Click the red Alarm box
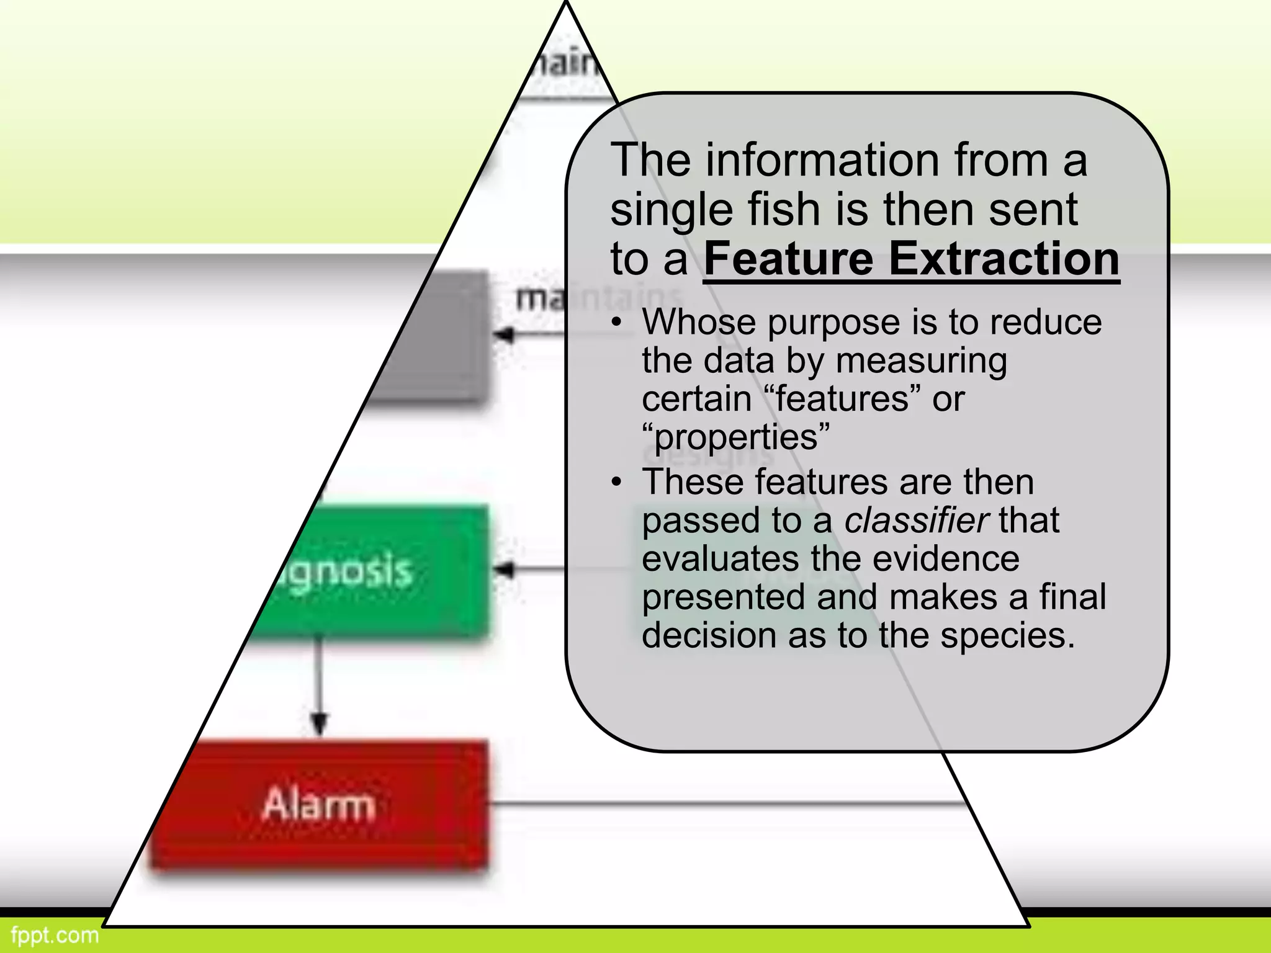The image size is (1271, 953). point(320,805)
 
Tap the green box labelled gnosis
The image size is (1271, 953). point(372,571)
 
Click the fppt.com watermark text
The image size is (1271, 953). point(55,934)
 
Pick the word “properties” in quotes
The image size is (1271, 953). point(735,437)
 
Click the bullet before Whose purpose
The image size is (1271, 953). point(616,323)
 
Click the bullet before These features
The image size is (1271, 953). point(616,482)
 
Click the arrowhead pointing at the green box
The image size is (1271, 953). point(504,570)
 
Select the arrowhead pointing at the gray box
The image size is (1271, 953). point(504,336)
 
